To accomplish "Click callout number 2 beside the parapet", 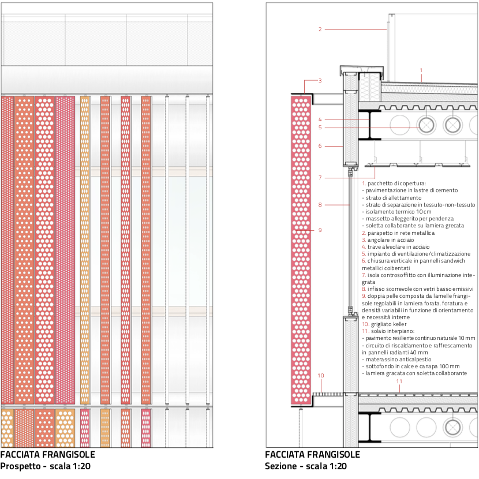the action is coord(320,29).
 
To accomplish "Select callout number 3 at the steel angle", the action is coord(320,81).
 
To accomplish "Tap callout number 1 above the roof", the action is coord(421,70).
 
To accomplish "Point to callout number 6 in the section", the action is coord(320,145).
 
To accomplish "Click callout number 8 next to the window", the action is coord(320,205).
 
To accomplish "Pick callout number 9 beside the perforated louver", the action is coord(320,230).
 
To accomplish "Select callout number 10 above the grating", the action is coord(320,376).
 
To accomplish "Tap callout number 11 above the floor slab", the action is coord(399,381).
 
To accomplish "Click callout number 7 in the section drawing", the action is coord(320,178).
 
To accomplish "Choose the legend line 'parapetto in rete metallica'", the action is coord(401,233).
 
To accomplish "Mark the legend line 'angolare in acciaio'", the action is coord(391,240).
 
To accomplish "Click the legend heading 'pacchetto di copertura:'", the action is coord(396,184).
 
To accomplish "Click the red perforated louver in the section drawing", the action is coord(301,249).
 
